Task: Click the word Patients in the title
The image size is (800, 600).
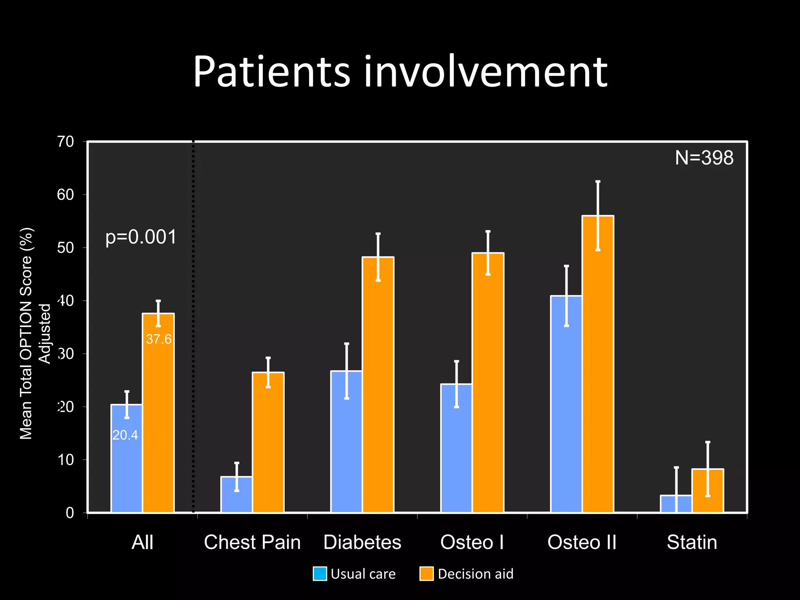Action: click(x=271, y=72)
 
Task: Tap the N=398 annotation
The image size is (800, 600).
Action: click(x=704, y=158)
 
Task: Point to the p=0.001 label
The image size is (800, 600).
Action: click(x=141, y=237)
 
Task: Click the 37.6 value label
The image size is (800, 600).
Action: click(x=159, y=339)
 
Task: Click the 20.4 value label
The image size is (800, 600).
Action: click(x=125, y=435)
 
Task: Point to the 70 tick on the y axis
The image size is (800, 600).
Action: click(x=65, y=142)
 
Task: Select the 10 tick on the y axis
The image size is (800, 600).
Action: click(x=65, y=460)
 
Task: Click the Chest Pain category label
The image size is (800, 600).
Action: click(x=252, y=542)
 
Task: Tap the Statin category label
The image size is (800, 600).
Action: click(x=692, y=542)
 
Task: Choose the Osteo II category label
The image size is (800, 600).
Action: click(x=582, y=542)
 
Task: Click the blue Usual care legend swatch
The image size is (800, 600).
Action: click(x=320, y=574)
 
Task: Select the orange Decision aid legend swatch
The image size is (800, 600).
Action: click(x=427, y=574)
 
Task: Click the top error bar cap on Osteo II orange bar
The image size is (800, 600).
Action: click(x=598, y=182)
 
